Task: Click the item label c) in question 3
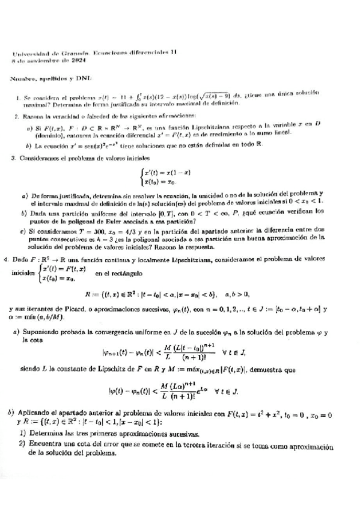click(x=23, y=230)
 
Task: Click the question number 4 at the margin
click(x=6, y=259)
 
